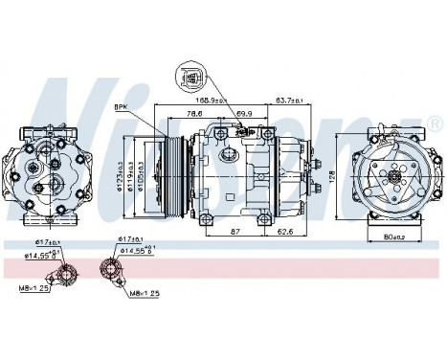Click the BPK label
(122, 108)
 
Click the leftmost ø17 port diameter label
(48, 243)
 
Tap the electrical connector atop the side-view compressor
(232, 152)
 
